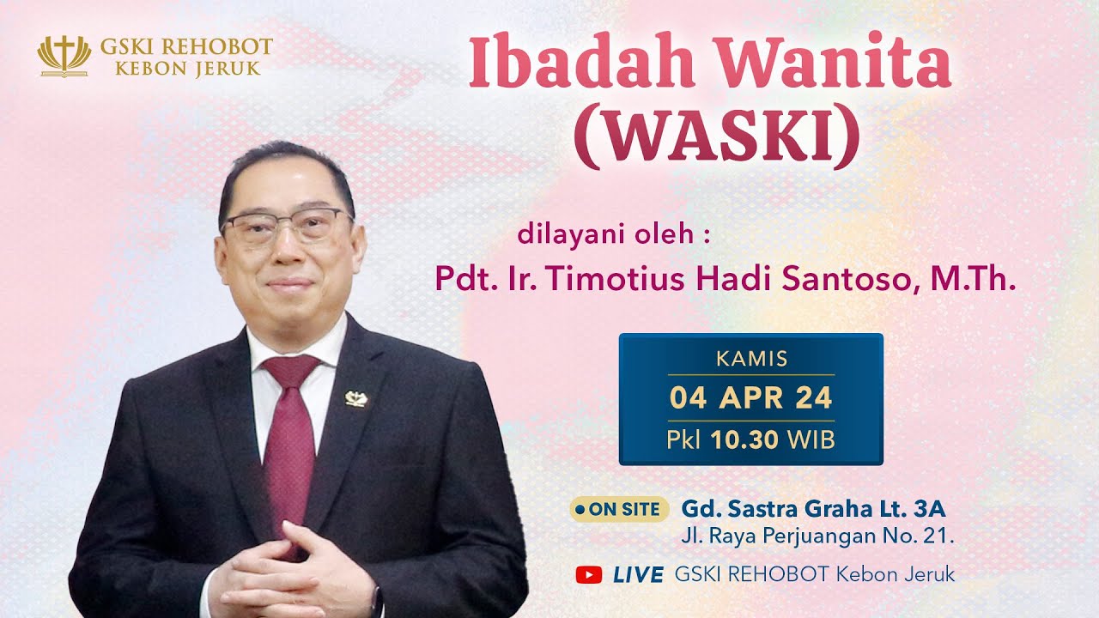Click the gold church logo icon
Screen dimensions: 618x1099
coord(64,56)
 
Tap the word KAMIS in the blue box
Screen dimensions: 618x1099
coord(751,359)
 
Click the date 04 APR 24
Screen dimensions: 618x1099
coord(751,399)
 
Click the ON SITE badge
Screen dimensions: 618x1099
coord(619,509)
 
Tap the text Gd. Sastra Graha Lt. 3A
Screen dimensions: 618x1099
coord(813,509)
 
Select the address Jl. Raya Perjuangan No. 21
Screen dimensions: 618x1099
coord(817,538)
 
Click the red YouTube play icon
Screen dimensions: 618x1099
coord(589,575)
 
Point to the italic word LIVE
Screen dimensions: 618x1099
coord(638,575)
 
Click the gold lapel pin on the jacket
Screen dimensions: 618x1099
coord(355,397)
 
